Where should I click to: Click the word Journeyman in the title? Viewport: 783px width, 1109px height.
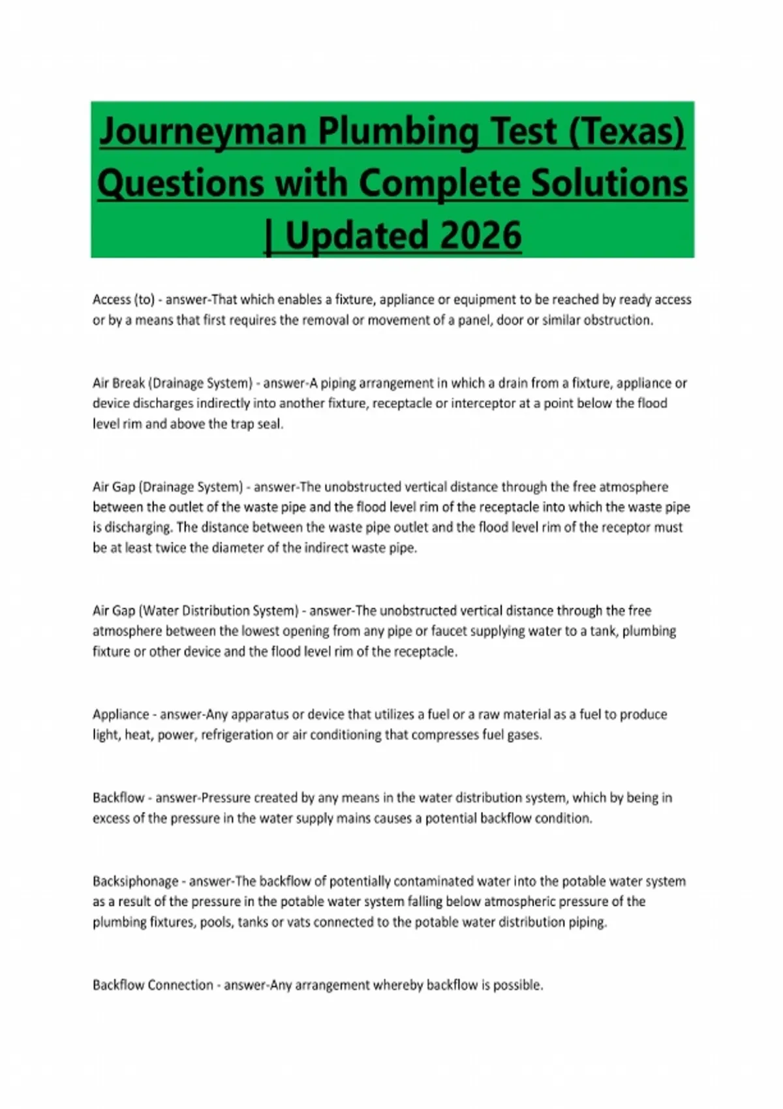point(202,132)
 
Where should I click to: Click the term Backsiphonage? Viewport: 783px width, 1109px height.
point(135,881)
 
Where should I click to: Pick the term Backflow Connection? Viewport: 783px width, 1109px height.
point(153,985)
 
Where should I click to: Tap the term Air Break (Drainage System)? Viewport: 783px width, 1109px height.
point(172,383)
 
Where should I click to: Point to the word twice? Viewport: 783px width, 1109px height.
point(170,548)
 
